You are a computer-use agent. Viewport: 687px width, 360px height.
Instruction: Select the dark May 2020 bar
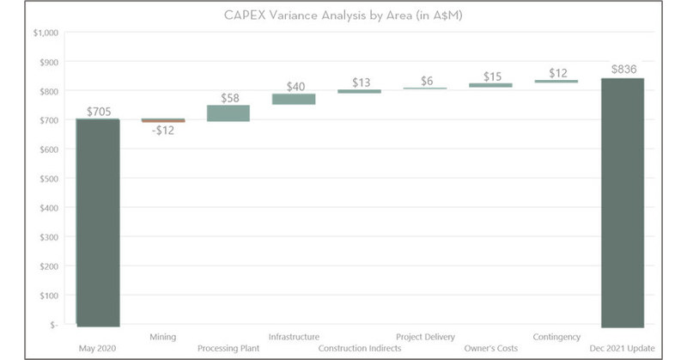coord(98,223)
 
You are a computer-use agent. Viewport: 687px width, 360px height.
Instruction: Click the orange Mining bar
coord(163,120)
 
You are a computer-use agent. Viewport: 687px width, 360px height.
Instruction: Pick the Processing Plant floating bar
coord(228,113)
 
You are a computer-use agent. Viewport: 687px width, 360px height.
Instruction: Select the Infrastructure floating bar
coord(294,99)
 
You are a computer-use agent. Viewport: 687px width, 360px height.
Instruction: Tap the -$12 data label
coord(162,131)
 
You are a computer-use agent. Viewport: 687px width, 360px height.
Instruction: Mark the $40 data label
coord(294,86)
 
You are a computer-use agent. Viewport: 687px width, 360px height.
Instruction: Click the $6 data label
coord(426,81)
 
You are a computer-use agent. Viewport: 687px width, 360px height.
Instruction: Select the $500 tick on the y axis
coord(46,179)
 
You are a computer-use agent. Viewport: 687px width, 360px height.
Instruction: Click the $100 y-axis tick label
coord(46,296)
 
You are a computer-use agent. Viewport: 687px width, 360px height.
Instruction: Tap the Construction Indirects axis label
coord(359,349)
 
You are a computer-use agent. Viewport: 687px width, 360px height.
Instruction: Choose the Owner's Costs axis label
coord(491,349)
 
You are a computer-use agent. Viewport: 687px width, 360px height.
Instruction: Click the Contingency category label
coord(556,337)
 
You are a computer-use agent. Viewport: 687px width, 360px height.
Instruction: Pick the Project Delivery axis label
coord(425,337)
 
